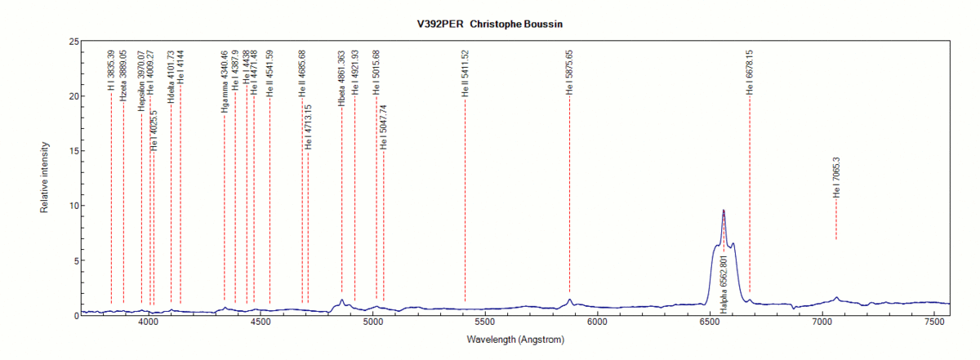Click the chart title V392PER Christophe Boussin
(490, 24)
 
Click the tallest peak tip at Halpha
(724, 211)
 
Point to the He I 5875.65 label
(570, 73)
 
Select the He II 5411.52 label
(465, 73)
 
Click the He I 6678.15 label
(750, 73)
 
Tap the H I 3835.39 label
(111, 65)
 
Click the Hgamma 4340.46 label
(224, 82)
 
